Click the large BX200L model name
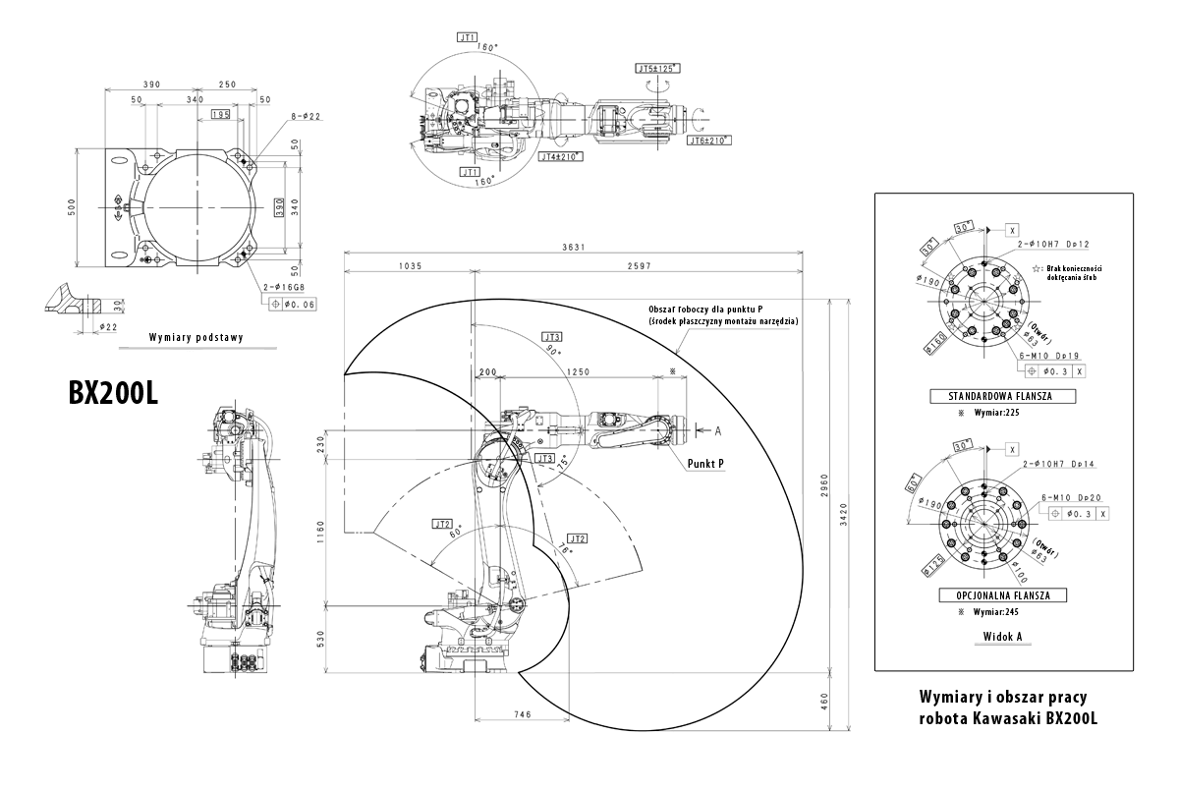coord(113,392)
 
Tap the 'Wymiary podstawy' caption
coord(196,337)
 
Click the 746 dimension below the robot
coord(523,714)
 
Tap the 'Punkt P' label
coord(706,463)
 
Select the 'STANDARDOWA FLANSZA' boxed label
coord(1002,397)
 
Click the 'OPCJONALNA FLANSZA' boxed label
coord(1003,595)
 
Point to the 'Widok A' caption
coord(1003,637)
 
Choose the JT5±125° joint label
coord(657,69)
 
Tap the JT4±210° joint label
coord(561,156)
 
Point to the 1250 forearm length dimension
coord(579,372)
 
